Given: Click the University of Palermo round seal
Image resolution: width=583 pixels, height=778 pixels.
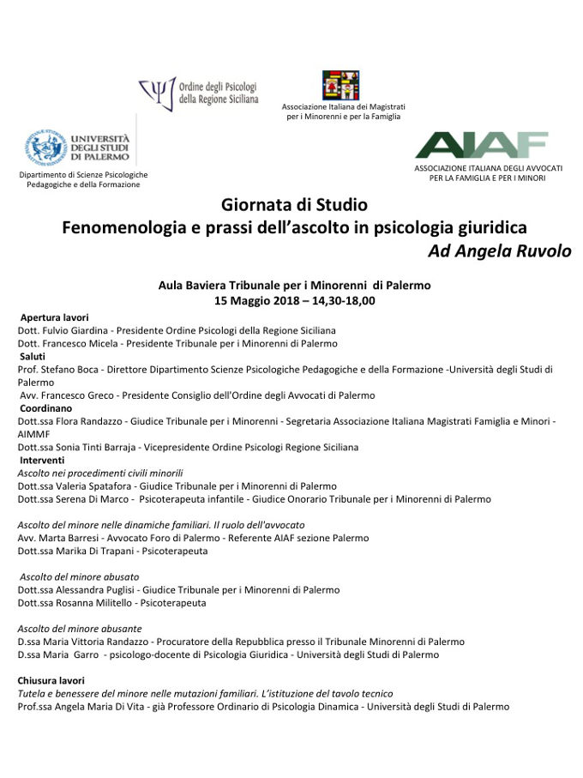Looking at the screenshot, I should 45,147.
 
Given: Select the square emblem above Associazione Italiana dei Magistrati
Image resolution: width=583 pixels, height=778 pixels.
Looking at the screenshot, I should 340,86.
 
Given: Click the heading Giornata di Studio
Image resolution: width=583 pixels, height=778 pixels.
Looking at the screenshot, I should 294,206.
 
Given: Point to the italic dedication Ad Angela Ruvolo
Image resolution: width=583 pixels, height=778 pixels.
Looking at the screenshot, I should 499,251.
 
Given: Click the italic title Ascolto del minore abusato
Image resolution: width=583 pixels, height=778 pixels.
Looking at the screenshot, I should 78,577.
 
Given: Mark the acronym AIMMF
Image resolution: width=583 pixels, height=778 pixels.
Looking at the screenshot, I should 35,434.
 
